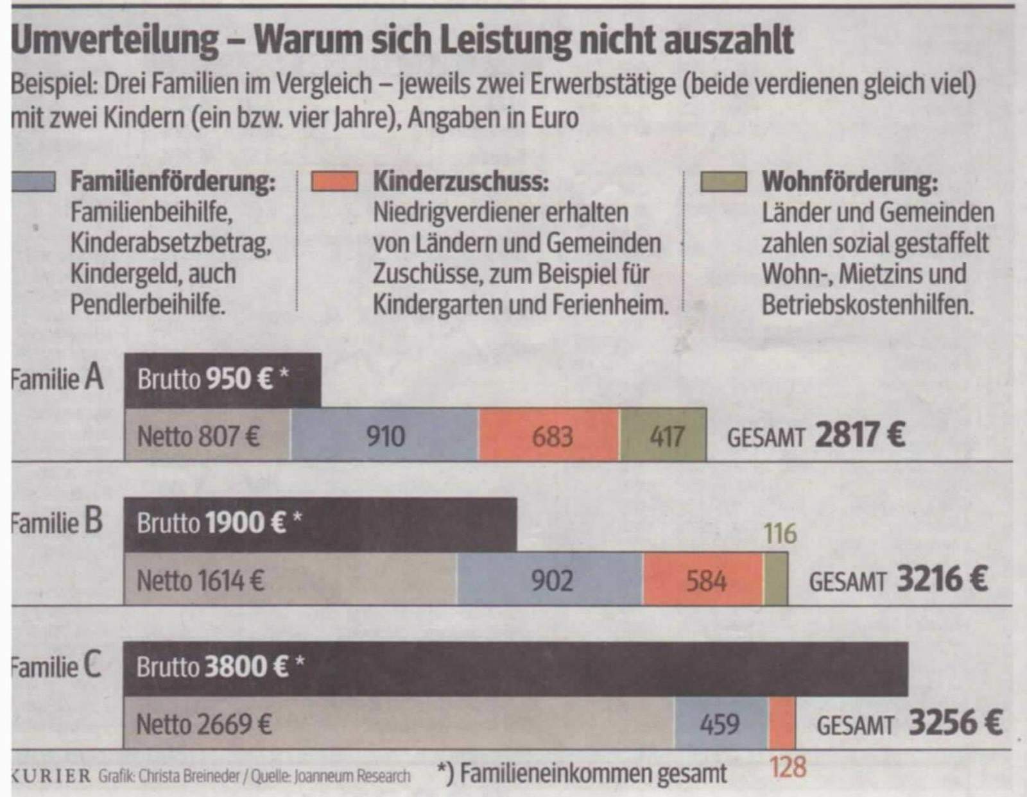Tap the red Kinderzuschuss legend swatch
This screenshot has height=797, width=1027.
point(334,183)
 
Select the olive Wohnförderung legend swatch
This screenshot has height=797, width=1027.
point(724,183)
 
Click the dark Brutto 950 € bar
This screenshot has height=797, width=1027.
point(222,380)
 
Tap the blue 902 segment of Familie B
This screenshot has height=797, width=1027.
point(550,580)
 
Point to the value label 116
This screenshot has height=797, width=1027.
point(780,534)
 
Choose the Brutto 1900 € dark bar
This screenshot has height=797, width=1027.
point(320,524)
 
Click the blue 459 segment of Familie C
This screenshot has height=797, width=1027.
point(720,724)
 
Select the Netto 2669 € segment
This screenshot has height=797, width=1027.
point(398,724)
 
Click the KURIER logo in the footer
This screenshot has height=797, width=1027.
point(51,776)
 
